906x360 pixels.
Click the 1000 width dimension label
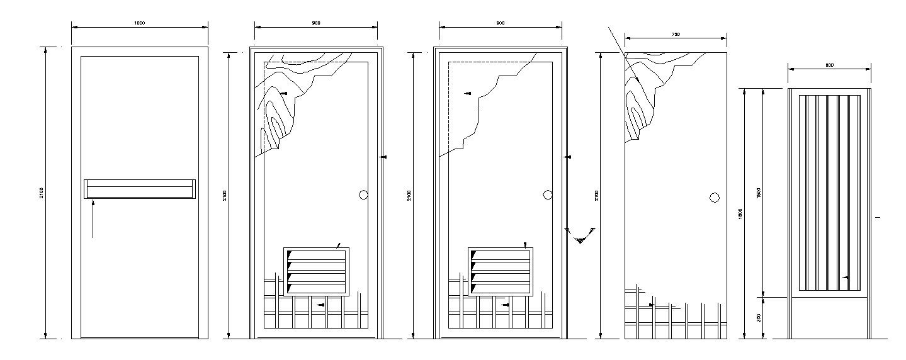tap(139, 23)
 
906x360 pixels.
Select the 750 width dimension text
tap(676, 35)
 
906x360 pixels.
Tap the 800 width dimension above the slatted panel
tap(829, 65)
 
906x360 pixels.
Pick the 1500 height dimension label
tap(759, 192)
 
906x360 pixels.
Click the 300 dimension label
tap(759, 318)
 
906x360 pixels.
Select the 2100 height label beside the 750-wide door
tap(597, 195)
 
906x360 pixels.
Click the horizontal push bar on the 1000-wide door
tap(139, 189)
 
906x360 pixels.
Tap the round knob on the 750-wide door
tap(715, 198)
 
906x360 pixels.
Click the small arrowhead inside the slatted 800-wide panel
tap(846, 277)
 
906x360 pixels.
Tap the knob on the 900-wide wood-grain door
tap(363, 195)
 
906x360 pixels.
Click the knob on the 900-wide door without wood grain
tap(548, 195)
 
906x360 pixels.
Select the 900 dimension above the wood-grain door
tap(315, 23)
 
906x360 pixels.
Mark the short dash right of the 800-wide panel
tap(877, 217)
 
